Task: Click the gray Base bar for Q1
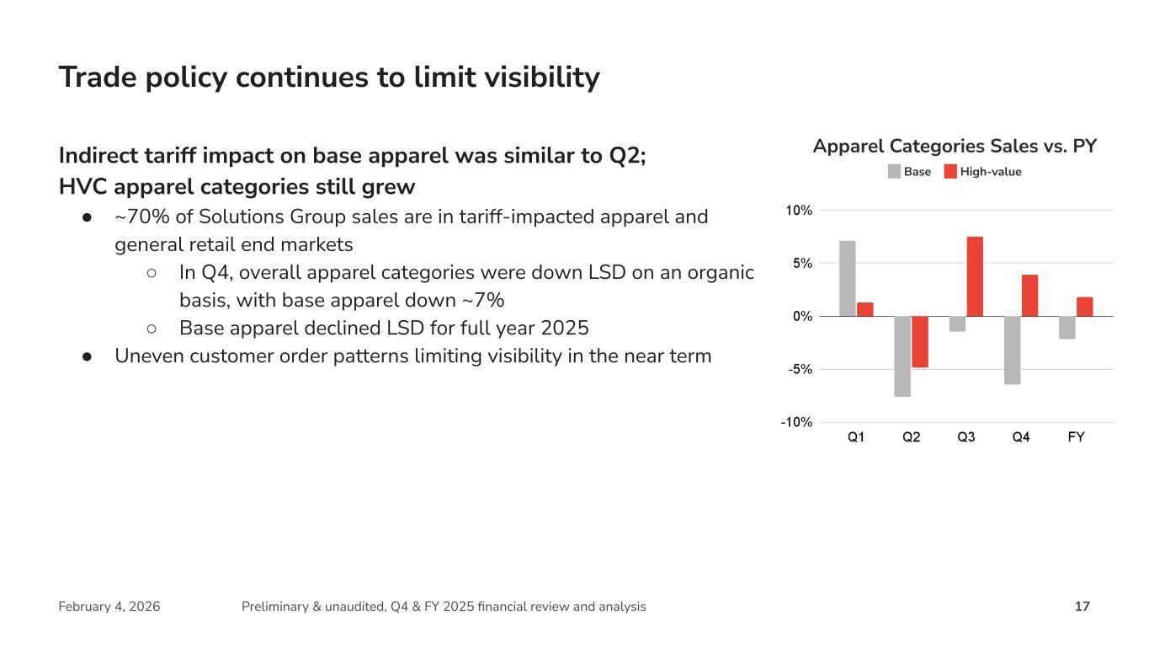coord(847,278)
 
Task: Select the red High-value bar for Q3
coord(975,276)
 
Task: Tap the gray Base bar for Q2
coord(902,356)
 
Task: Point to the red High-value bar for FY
coord(1084,307)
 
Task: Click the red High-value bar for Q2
coord(919,341)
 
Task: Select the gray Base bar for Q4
coord(1012,350)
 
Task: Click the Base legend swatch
coord(894,172)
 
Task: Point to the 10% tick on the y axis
coord(800,211)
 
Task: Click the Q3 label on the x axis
coord(966,438)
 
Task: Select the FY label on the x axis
coord(1076,438)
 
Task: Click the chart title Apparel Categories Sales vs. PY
coord(955,147)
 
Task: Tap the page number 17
coord(1083,607)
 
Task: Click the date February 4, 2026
coord(109,607)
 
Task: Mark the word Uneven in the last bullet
coord(147,356)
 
